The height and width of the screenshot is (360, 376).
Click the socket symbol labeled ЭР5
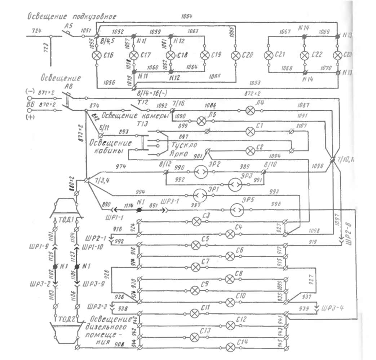pos(236,209)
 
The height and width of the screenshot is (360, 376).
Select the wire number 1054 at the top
pos(187,16)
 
